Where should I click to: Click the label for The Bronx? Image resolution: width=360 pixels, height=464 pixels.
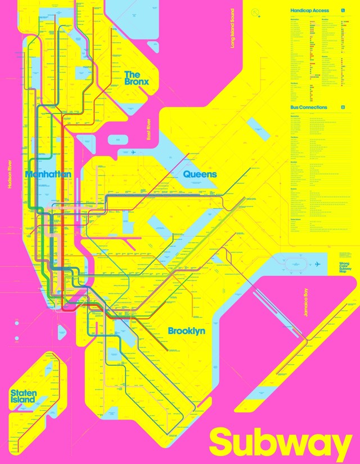(x=137, y=78)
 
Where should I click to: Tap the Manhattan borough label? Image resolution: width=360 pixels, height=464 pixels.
(x=48, y=175)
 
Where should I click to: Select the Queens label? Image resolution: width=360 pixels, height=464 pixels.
(x=200, y=175)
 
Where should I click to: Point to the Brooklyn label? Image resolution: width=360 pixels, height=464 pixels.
(x=186, y=331)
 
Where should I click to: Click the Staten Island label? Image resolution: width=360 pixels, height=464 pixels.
(x=24, y=396)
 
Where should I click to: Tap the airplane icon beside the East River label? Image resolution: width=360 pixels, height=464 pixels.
(x=133, y=152)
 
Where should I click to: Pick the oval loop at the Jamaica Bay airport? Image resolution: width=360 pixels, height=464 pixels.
(x=295, y=264)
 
